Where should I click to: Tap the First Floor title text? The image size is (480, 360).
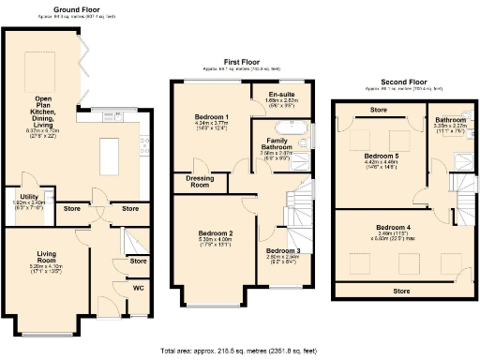pyautogui.click(x=242, y=61)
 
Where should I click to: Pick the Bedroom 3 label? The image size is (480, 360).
pyautogui.click(x=282, y=250)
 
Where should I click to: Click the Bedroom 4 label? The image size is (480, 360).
pyautogui.click(x=393, y=228)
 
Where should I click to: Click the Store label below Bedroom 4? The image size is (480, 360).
pyautogui.click(x=400, y=291)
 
